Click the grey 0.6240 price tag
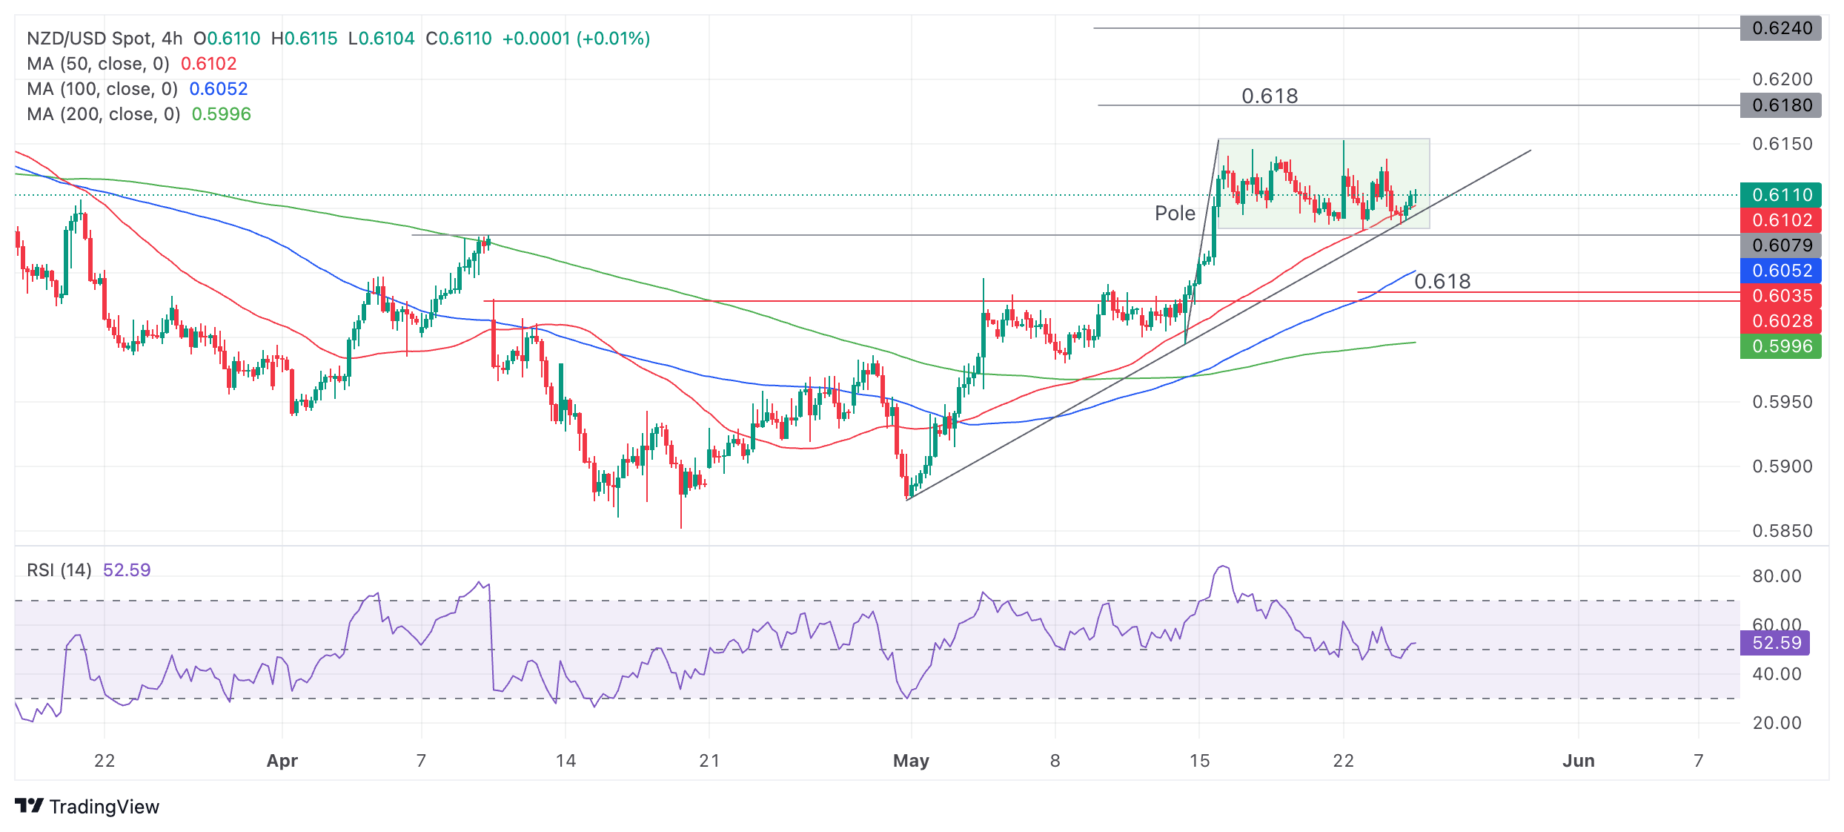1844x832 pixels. pos(1780,28)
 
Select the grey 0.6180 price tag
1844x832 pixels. pos(1780,105)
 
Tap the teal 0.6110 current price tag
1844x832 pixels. pos(1780,195)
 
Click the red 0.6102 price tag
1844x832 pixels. pos(1780,220)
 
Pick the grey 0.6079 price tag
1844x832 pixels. pos(1780,245)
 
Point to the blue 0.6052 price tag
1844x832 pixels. pos(1780,271)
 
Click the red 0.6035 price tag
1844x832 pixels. pos(1780,296)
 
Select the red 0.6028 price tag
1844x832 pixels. pos(1780,321)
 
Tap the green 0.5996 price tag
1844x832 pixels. pos(1780,346)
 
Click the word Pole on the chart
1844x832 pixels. pos(1175,214)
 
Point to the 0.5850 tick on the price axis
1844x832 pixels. pos(1782,531)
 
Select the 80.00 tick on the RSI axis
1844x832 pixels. pos(1777,576)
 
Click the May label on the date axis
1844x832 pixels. pos(911,761)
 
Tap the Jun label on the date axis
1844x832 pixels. pos(1578,761)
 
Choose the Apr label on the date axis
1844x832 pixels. pos(282,761)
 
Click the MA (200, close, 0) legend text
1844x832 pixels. pos(104,114)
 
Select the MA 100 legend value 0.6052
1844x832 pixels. pos(218,89)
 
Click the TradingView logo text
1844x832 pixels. pos(104,807)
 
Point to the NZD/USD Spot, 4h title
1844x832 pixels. pos(105,39)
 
